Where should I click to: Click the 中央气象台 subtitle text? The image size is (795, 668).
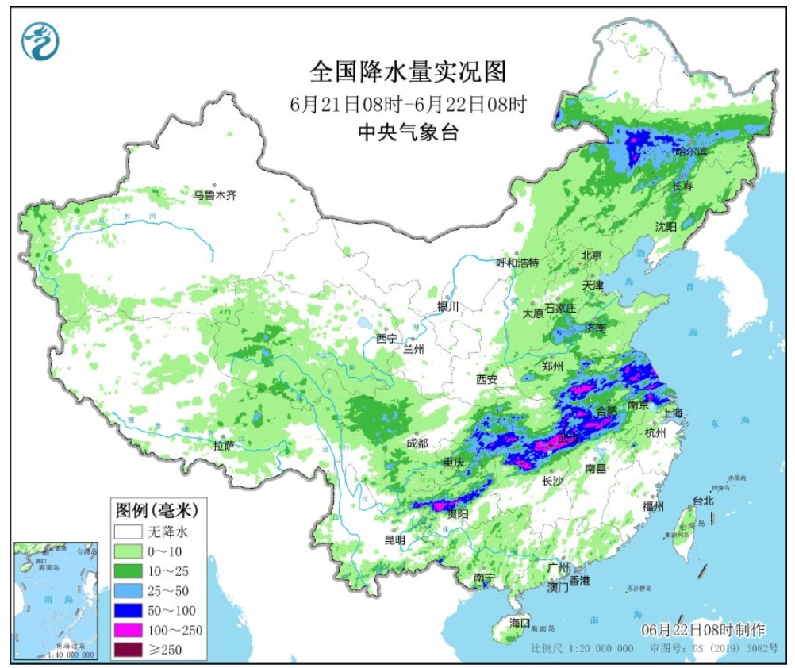coord(407,132)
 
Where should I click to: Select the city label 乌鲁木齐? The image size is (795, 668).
coord(215,194)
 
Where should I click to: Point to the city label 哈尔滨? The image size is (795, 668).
coord(692,151)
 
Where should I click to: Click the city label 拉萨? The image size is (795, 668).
coord(225,447)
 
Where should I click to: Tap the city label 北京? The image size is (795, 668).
coord(592,255)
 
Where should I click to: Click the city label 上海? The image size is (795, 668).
coord(673,413)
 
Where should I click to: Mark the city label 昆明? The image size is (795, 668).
coord(394,539)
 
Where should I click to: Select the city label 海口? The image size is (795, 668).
coord(519,621)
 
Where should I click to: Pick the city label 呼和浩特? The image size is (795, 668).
coord(517,263)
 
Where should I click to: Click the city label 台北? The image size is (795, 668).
coord(703,501)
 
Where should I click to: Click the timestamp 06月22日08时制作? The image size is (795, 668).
coord(703,630)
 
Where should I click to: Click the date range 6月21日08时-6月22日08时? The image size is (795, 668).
coord(408,104)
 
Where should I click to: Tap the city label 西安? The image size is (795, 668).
coord(487,379)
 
